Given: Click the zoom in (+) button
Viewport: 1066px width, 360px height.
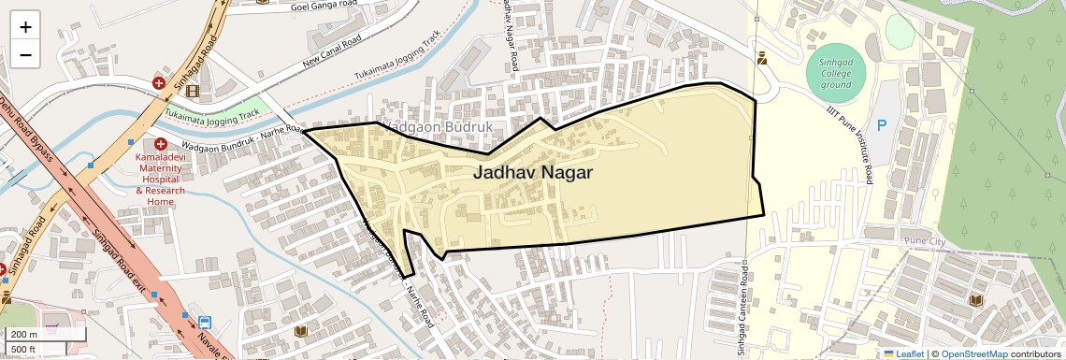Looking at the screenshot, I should [25, 27].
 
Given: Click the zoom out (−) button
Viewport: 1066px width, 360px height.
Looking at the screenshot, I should [25, 55].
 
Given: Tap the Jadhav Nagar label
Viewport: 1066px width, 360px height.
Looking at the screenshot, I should [532, 173].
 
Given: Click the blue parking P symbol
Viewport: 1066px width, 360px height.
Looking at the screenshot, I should [880, 124].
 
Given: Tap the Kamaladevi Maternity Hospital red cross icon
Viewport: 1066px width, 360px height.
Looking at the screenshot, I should [161, 144].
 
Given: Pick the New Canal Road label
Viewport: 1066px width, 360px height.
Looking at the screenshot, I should [332, 54].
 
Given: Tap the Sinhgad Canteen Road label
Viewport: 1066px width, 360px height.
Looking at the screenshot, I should [739, 310].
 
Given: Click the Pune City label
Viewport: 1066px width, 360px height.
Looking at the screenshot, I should [925, 242].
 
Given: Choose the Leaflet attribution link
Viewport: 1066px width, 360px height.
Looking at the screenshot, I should [903, 353].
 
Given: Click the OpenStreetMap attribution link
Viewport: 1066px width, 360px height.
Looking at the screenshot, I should [973, 353].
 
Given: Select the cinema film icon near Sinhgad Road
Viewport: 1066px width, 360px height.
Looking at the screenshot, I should [192, 91].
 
